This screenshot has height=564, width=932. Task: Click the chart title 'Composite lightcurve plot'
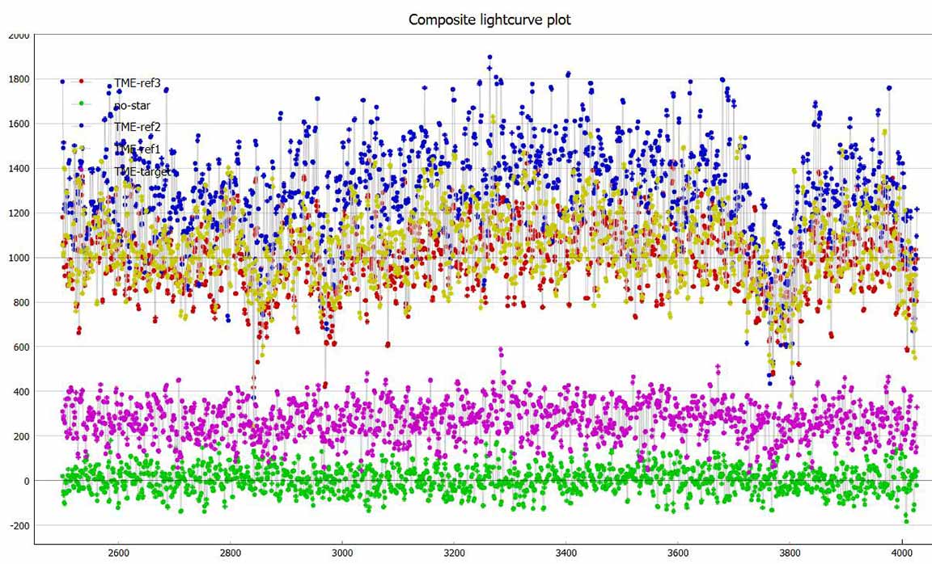click(x=489, y=19)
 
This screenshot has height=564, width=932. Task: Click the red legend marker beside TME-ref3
click(x=81, y=82)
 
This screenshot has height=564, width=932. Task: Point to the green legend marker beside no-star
click(x=81, y=104)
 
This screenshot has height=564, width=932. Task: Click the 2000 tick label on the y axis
click(x=19, y=36)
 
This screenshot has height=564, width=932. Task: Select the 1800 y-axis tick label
click(x=19, y=80)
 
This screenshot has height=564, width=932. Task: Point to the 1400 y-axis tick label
click(x=19, y=169)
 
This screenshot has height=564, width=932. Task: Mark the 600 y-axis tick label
click(x=21, y=347)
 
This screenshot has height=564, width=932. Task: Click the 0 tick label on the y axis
click(x=27, y=482)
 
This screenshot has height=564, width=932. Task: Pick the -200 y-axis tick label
click(x=19, y=526)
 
